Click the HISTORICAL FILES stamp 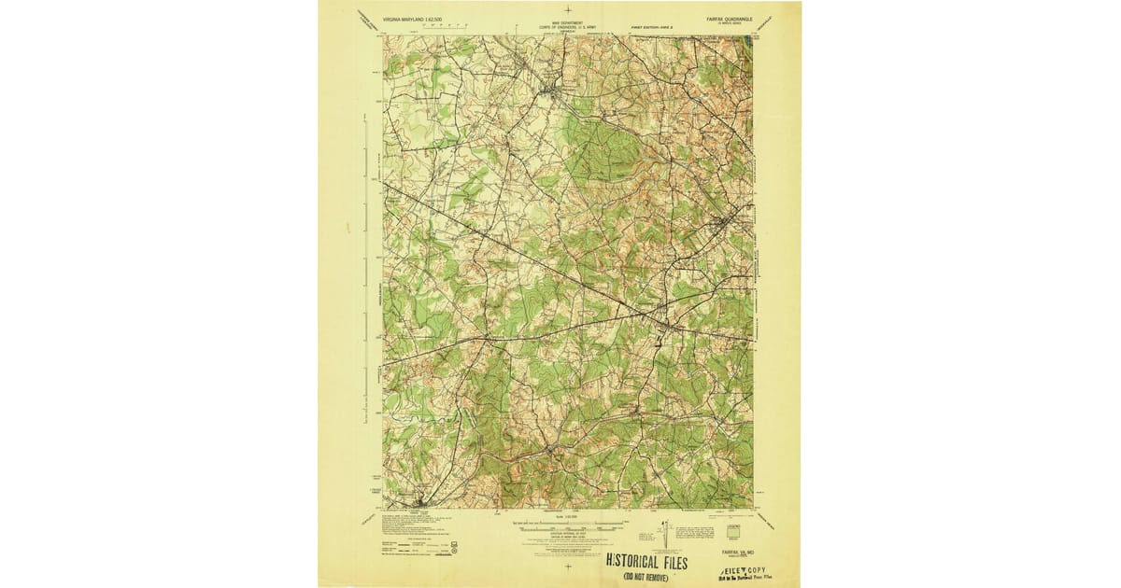[647, 562]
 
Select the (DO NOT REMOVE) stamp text [647, 578]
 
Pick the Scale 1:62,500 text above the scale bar [566, 516]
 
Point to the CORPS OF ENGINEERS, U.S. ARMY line [567, 27]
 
